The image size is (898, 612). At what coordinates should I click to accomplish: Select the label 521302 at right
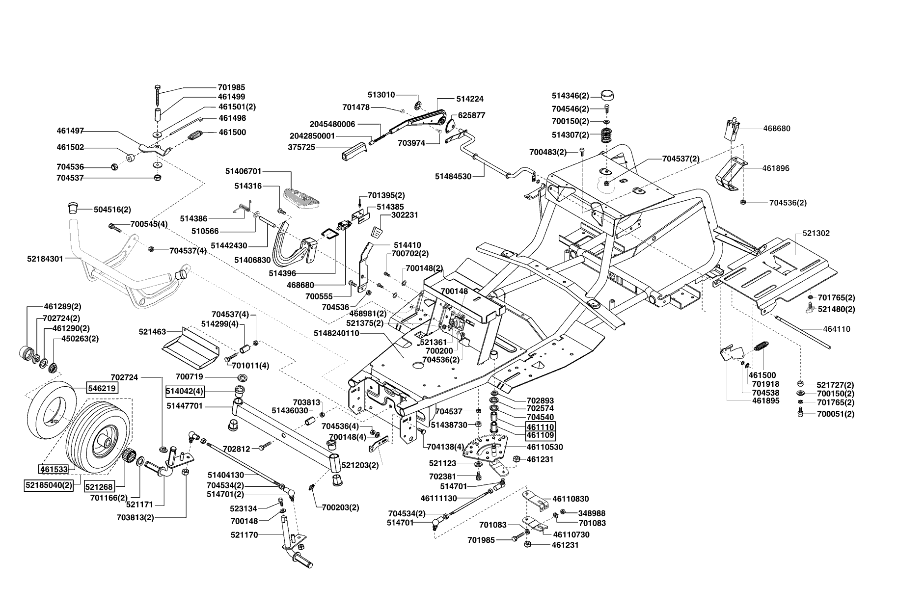(816, 233)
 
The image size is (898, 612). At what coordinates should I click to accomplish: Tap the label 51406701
(244, 171)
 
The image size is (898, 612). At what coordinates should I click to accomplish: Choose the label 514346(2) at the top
(570, 96)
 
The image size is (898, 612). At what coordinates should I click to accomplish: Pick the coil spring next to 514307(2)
(607, 134)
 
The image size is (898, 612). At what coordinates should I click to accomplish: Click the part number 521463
(152, 332)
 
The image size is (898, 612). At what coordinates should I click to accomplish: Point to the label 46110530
(544, 447)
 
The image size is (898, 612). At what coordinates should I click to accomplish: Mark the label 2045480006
(332, 124)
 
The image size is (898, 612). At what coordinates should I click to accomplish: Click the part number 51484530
(453, 176)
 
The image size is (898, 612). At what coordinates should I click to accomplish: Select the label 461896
(776, 168)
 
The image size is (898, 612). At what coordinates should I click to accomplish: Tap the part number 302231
(405, 215)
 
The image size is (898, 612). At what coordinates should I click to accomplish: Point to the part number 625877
(471, 115)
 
